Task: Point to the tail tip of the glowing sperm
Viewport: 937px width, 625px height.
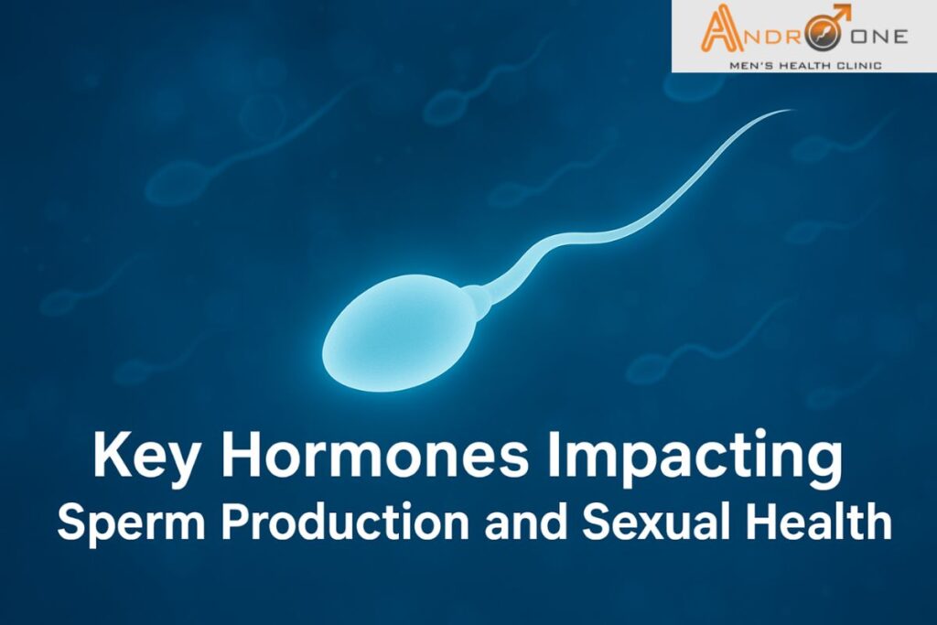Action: click(788, 112)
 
